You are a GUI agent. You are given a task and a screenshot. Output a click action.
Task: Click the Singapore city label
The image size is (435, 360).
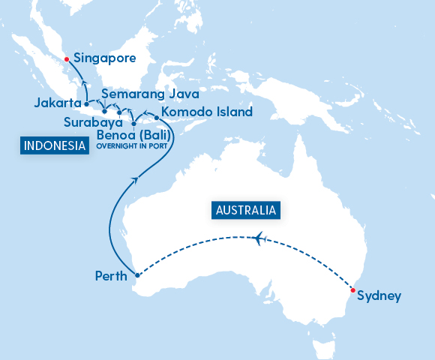tap(105, 57)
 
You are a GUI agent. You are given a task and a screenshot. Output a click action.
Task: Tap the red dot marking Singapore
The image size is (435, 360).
tap(66, 58)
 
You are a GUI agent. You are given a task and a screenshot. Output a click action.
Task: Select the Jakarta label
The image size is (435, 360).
tap(58, 103)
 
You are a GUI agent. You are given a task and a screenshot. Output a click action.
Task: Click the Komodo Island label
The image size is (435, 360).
tap(207, 112)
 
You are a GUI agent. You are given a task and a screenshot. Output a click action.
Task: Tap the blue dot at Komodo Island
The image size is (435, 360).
tap(156, 118)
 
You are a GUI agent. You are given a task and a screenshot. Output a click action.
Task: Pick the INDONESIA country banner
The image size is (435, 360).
tap(52, 146)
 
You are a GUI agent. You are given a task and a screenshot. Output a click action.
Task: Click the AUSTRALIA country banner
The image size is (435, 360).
tap(247, 210)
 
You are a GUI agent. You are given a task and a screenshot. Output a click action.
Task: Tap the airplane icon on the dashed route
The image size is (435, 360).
tap(260, 238)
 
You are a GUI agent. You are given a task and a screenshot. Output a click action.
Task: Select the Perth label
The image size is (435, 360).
tap(110, 275)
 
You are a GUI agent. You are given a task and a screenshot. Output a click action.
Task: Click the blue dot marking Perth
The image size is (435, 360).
tap(136, 275)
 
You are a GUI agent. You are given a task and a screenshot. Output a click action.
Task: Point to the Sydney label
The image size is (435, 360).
tap(379, 295)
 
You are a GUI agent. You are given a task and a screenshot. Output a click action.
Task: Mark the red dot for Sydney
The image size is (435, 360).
tap(352, 290)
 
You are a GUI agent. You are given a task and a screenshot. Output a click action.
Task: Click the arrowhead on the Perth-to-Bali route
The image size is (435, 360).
tap(135, 178)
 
